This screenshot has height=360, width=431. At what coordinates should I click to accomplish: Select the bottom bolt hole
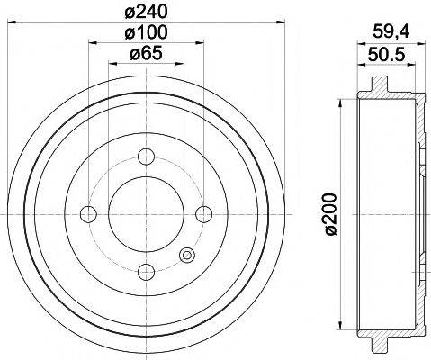[x=146, y=270]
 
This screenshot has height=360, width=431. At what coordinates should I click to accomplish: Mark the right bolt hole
[x=203, y=213]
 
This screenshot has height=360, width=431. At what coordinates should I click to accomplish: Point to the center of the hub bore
[x=146, y=213]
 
